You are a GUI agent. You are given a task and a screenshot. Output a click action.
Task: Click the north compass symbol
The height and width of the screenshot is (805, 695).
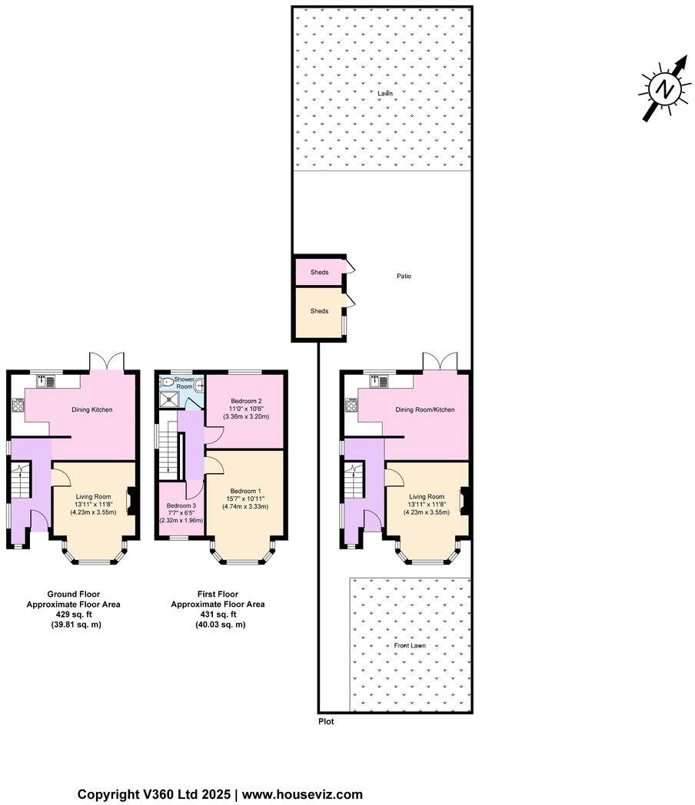664,89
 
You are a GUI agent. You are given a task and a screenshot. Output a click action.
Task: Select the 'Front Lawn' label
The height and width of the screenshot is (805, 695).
410,646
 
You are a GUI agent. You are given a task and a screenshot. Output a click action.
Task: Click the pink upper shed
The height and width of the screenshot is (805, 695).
320,273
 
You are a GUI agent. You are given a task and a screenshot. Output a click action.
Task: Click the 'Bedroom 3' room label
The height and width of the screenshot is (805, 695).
181,505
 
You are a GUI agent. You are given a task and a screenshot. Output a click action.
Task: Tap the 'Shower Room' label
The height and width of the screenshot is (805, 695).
184,383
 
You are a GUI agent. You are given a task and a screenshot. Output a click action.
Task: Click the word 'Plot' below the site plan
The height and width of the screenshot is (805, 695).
326,721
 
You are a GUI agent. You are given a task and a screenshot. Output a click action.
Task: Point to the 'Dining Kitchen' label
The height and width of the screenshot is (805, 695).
92,409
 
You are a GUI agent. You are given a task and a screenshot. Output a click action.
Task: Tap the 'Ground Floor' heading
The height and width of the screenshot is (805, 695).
73,594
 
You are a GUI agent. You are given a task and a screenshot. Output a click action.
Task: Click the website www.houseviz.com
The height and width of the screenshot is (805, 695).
304,794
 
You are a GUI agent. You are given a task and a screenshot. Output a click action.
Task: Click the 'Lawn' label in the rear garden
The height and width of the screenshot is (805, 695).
384,93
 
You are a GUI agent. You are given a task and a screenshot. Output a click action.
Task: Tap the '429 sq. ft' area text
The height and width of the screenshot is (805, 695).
73,615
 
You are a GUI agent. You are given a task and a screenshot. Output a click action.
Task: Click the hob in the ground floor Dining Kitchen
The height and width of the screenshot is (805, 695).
17,405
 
